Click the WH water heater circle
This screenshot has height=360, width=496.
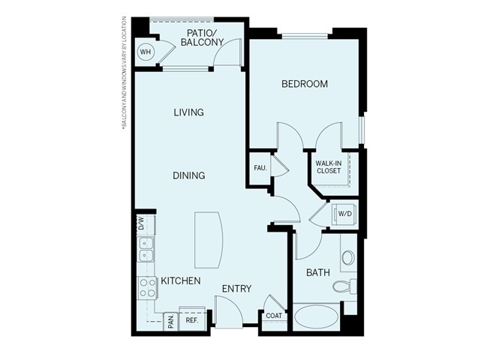click(x=146, y=52)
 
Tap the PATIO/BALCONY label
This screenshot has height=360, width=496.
click(x=203, y=38)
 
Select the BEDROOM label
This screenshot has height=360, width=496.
click(x=304, y=84)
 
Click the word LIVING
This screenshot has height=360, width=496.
click(x=188, y=112)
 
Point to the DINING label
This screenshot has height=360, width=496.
click(x=188, y=175)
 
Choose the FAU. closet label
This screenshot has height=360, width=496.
click(x=260, y=167)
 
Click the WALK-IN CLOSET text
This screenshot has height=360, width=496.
click(x=328, y=166)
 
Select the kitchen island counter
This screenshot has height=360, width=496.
click(x=209, y=238)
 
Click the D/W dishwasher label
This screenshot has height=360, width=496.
click(x=140, y=223)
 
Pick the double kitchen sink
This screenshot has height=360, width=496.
click(x=146, y=249)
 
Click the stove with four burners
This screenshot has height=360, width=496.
click(x=146, y=287)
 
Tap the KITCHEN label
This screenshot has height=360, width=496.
click(x=180, y=281)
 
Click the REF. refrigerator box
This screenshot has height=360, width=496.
click(x=191, y=318)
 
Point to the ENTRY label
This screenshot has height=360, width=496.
click(x=236, y=289)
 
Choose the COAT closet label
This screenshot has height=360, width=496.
click(x=274, y=316)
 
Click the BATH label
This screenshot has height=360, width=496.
click(x=317, y=272)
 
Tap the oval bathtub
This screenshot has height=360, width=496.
click(x=316, y=316)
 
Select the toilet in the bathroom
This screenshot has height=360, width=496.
click(x=347, y=286)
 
